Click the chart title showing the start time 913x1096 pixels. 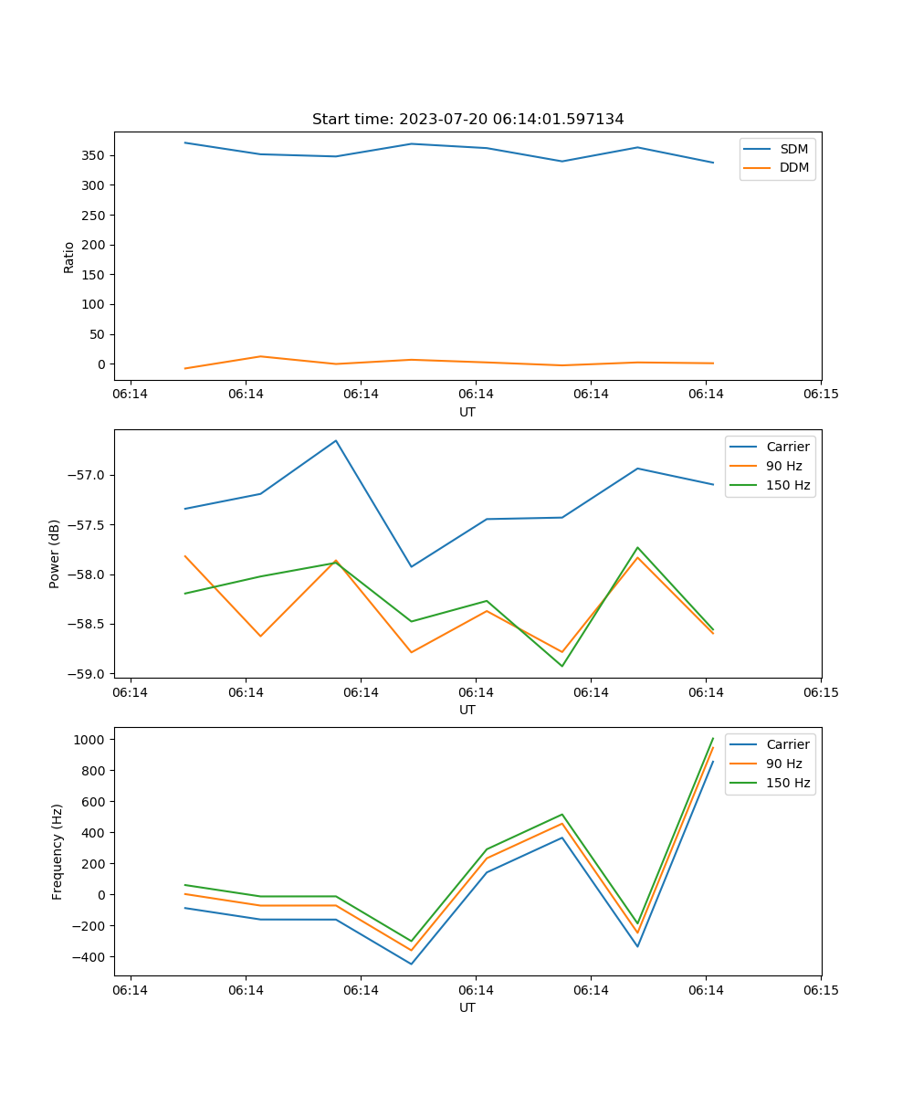pyautogui.click(x=467, y=120)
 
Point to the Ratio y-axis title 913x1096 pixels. pyautogui.click(x=69, y=257)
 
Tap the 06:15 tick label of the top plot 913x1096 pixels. pyautogui.click(x=820, y=394)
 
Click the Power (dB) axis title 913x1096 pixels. pyautogui.click(x=55, y=553)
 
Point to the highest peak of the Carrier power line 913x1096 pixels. pyautogui.click(x=336, y=440)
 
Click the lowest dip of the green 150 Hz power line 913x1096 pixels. pyautogui.click(x=561, y=666)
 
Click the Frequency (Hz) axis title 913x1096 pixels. pyautogui.click(x=58, y=851)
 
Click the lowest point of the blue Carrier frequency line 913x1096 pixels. pyautogui.click(x=411, y=964)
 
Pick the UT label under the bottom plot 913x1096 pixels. pyautogui.click(x=467, y=1007)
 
